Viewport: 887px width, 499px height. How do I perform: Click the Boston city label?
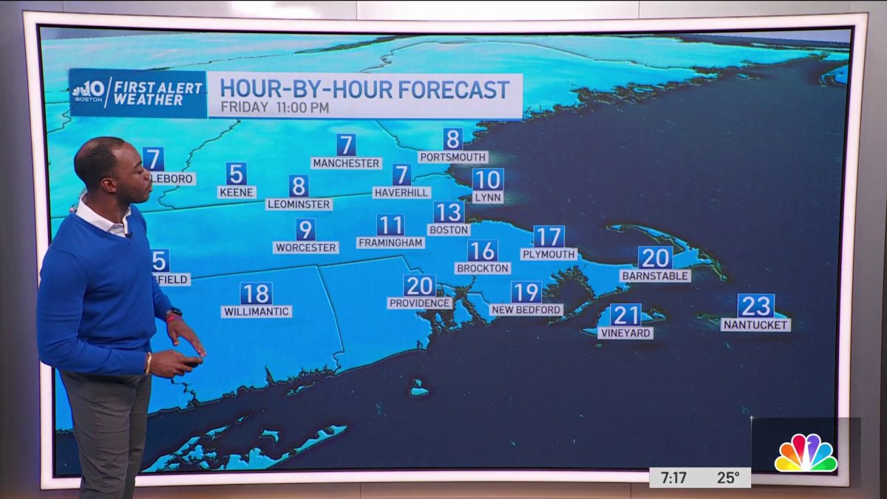(x=449, y=230)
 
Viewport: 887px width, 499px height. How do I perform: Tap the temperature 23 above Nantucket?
(x=755, y=305)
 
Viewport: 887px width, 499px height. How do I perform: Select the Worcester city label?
(x=305, y=248)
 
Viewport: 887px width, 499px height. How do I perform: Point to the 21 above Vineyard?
(x=625, y=315)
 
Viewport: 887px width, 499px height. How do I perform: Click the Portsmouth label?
(x=452, y=157)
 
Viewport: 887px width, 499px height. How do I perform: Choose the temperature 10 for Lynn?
(x=488, y=180)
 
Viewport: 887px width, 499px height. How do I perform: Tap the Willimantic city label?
(x=256, y=312)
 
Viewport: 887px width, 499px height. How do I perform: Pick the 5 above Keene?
(x=236, y=174)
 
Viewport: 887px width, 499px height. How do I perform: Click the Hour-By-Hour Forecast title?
(x=364, y=89)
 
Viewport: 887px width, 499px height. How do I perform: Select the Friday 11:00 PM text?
(x=274, y=108)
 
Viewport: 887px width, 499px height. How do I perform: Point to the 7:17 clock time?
(x=673, y=478)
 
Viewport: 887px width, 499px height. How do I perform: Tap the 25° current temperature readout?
(x=728, y=478)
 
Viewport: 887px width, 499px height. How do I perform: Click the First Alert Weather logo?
(x=137, y=94)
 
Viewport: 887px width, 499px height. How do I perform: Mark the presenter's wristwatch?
(x=174, y=313)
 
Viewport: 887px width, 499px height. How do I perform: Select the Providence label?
(x=419, y=303)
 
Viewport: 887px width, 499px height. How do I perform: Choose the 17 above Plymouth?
(x=548, y=237)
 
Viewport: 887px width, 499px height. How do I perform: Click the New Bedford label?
(x=526, y=310)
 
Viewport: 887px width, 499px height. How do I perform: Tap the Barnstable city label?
(x=655, y=276)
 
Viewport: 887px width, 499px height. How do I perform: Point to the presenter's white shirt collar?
(x=103, y=218)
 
